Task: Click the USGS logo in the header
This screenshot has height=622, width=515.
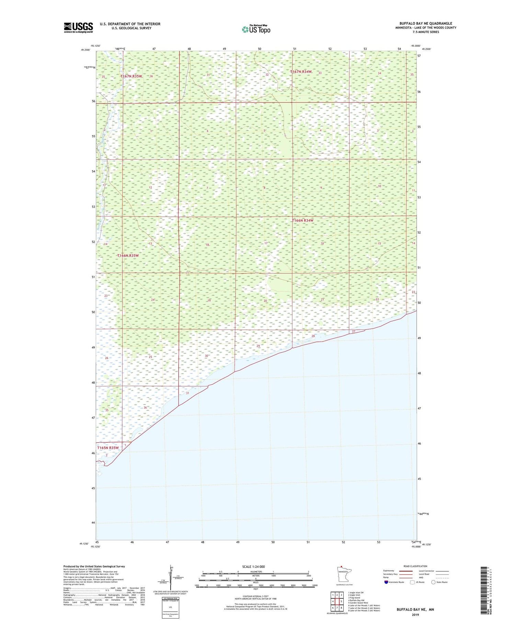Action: (78, 27)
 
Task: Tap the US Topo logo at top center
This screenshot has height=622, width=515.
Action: (256, 30)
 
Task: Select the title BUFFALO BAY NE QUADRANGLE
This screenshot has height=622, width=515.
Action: (426, 23)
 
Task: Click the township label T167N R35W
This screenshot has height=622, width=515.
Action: (131, 76)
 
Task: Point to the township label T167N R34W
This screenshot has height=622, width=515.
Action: (301, 72)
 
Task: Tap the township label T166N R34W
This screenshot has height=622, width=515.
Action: (302, 220)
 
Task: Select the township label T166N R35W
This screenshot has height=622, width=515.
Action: (128, 256)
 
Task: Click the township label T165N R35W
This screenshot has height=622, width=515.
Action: (108, 448)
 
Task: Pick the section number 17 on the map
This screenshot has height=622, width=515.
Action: (266, 243)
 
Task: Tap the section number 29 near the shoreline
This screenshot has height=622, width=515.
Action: (258, 346)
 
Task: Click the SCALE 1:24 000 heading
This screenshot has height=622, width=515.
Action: (253, 566)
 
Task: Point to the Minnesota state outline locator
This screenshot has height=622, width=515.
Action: (344, 573)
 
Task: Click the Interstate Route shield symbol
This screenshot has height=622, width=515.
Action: (386, 582)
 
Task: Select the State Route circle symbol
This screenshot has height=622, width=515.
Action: (433, 582)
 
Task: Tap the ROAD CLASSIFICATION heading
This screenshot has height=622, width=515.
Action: (415, 566)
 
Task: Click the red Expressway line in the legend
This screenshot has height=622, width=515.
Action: (405, 571)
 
